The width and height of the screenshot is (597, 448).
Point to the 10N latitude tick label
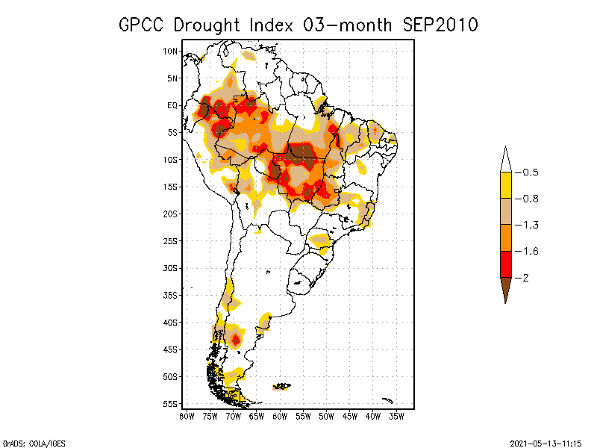tap(171, 51)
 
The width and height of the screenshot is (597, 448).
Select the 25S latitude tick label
tap(171, 240)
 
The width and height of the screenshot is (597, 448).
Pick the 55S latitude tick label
tap(171, 404)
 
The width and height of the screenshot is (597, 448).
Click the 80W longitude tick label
tap(186, 416)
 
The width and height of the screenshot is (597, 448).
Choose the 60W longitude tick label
tap(279, 416)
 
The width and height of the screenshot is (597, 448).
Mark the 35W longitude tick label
tap(396, 416)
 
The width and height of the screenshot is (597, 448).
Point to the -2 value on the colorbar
tap(524, 277)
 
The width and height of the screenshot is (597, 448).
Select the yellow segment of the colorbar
tap(505, 185)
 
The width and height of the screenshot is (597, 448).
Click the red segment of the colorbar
tap(505, 264)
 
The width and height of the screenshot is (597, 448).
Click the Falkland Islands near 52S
tap(281, 386)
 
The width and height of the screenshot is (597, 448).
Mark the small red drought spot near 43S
tap(236, 340)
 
